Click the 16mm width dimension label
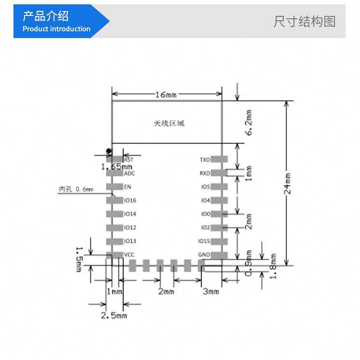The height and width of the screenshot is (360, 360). pos(165,94)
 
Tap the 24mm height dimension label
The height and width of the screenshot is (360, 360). pos(288,183)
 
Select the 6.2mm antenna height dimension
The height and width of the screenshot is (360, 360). pos(249,122)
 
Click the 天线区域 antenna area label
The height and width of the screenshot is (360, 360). pos(169,123)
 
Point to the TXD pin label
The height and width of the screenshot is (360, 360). pos(205,160)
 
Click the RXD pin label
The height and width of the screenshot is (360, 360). pos(205,173)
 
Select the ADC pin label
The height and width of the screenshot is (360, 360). pos(130,173)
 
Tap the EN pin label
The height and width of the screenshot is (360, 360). pos(128,187)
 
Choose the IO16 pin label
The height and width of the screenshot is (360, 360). pos(130,200)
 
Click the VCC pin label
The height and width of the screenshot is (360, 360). pos(129,255)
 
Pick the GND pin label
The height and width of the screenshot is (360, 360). pos(204,255)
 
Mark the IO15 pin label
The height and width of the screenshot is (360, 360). pos(204,241)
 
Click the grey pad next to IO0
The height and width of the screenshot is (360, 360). pos(219,214)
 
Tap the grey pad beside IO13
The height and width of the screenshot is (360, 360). pos(115,241)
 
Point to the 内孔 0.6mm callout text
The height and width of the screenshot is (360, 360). pos(76,190)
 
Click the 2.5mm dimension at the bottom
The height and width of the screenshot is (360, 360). pos(114,316)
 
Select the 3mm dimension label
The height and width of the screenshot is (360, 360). pos(211,292)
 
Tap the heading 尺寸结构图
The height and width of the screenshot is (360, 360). pos(304,21)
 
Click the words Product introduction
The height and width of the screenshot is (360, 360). pos(56,29)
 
